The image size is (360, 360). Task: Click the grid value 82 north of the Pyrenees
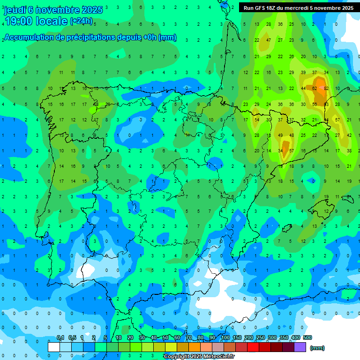(x=326, y=89)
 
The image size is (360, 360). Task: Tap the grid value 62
(x=315, y=89)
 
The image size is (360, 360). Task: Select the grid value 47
(x=268, y=40)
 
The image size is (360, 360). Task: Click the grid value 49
(x=280, y=135)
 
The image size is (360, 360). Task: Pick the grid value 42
(x=349, y=135)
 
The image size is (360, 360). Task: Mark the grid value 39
(x=303, y=72)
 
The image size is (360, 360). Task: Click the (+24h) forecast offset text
(x=81, y=21)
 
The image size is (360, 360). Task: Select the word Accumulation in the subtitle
(x=28, y=37)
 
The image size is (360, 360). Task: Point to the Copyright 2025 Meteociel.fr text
(x=199, y=357)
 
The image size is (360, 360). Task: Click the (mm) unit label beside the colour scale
(x=317, y=348)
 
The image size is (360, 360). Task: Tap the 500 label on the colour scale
(x=307, y=337)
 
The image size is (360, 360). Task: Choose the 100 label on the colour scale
(x=225, y=337)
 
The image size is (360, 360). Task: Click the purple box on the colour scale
(x=300, y=347)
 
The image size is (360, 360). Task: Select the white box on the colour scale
(x=54, y=347)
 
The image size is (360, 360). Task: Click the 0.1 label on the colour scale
(x=60, y=337)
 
